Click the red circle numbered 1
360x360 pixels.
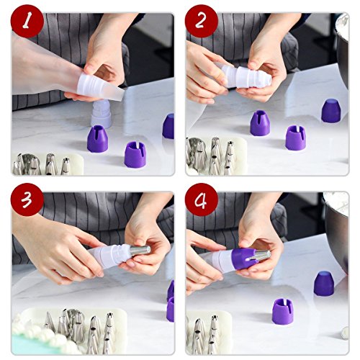pos(27,21)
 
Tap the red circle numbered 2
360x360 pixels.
pos(202,21)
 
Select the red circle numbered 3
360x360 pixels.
pos(27,199)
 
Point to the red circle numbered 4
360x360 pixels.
pos(202,199)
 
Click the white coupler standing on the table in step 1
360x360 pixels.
pos(102,113)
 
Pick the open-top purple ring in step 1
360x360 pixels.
pos(135,155)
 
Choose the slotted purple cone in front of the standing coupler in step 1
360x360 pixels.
pos(97,139)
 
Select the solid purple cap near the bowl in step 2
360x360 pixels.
pos(331,111)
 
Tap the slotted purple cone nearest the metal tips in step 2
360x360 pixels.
pos(260,122)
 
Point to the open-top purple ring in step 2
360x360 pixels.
pos(295,138)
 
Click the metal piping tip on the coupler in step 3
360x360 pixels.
pos(140,251)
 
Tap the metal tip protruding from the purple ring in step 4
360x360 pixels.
pos(261,255)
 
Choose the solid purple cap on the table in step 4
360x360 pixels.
pos(324,284)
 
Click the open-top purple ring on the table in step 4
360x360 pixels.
pos(283,311)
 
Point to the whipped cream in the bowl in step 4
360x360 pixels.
pos(336,204)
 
